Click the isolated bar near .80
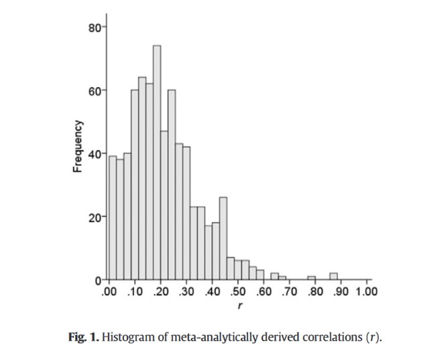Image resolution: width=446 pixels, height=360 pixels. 311,278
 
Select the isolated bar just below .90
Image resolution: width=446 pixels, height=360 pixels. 333,276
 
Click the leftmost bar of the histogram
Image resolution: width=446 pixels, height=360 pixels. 112,218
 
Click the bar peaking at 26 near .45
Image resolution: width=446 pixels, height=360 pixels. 223,238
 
